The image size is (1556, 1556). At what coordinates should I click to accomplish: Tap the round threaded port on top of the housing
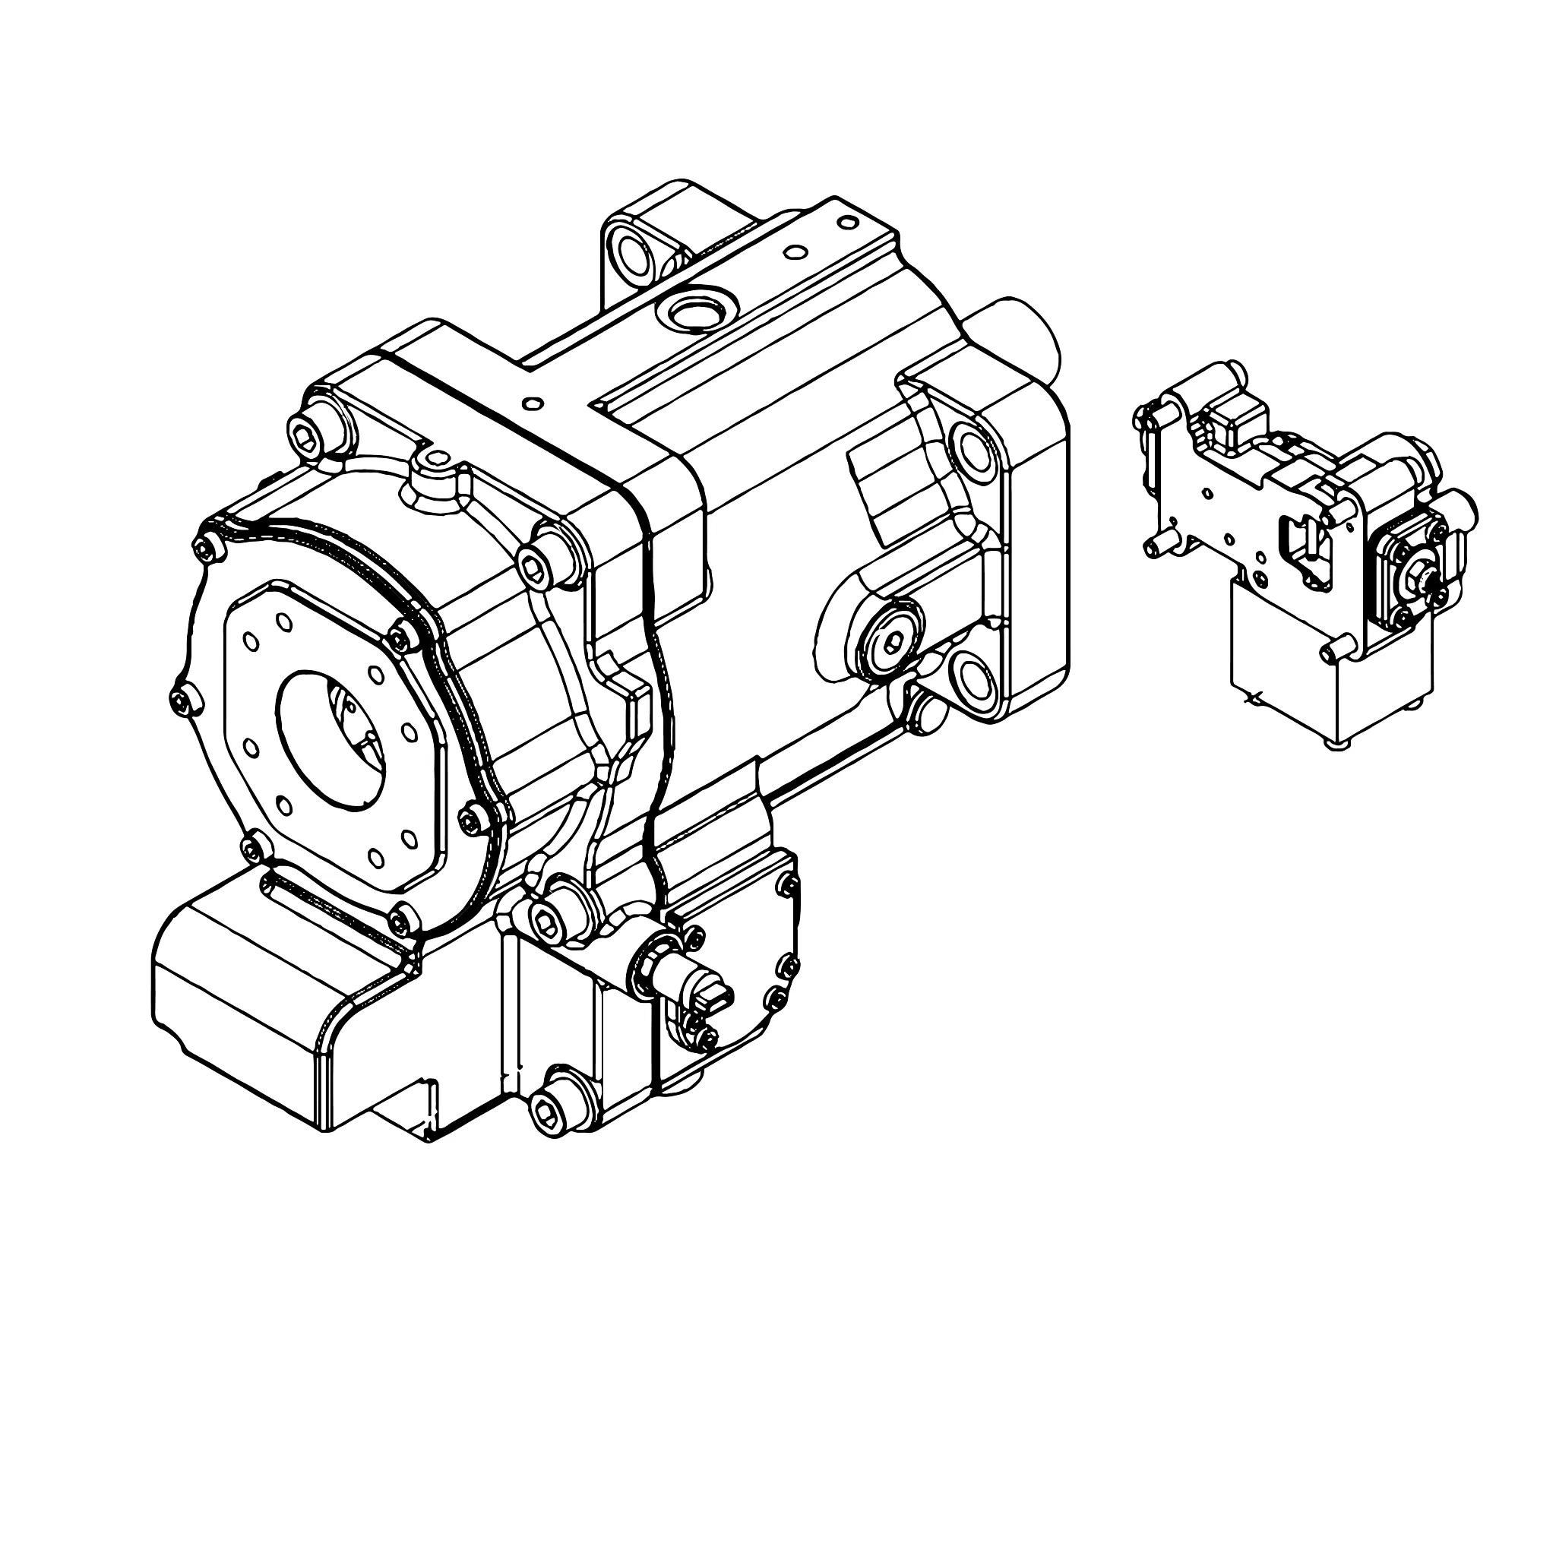point(694,311)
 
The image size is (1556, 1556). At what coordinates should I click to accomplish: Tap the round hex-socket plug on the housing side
point(889,640)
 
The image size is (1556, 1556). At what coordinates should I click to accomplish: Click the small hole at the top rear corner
point(847,222)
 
